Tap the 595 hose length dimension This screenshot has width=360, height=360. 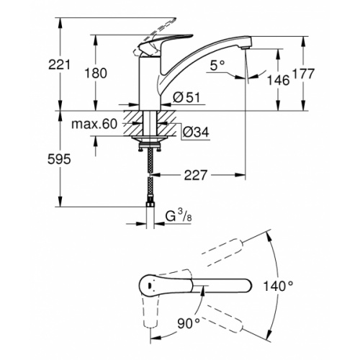[63, 160]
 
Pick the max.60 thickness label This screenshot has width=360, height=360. [94, 125]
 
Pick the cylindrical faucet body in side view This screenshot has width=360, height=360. [150, 83]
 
